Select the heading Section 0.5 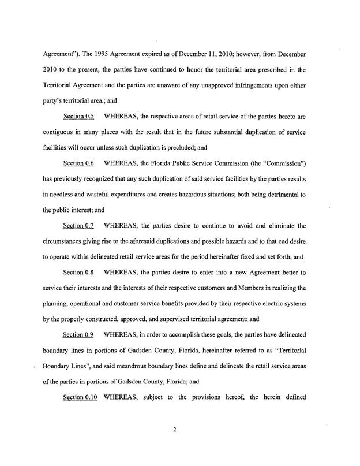pyautogui.click(x=79, y=117)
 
